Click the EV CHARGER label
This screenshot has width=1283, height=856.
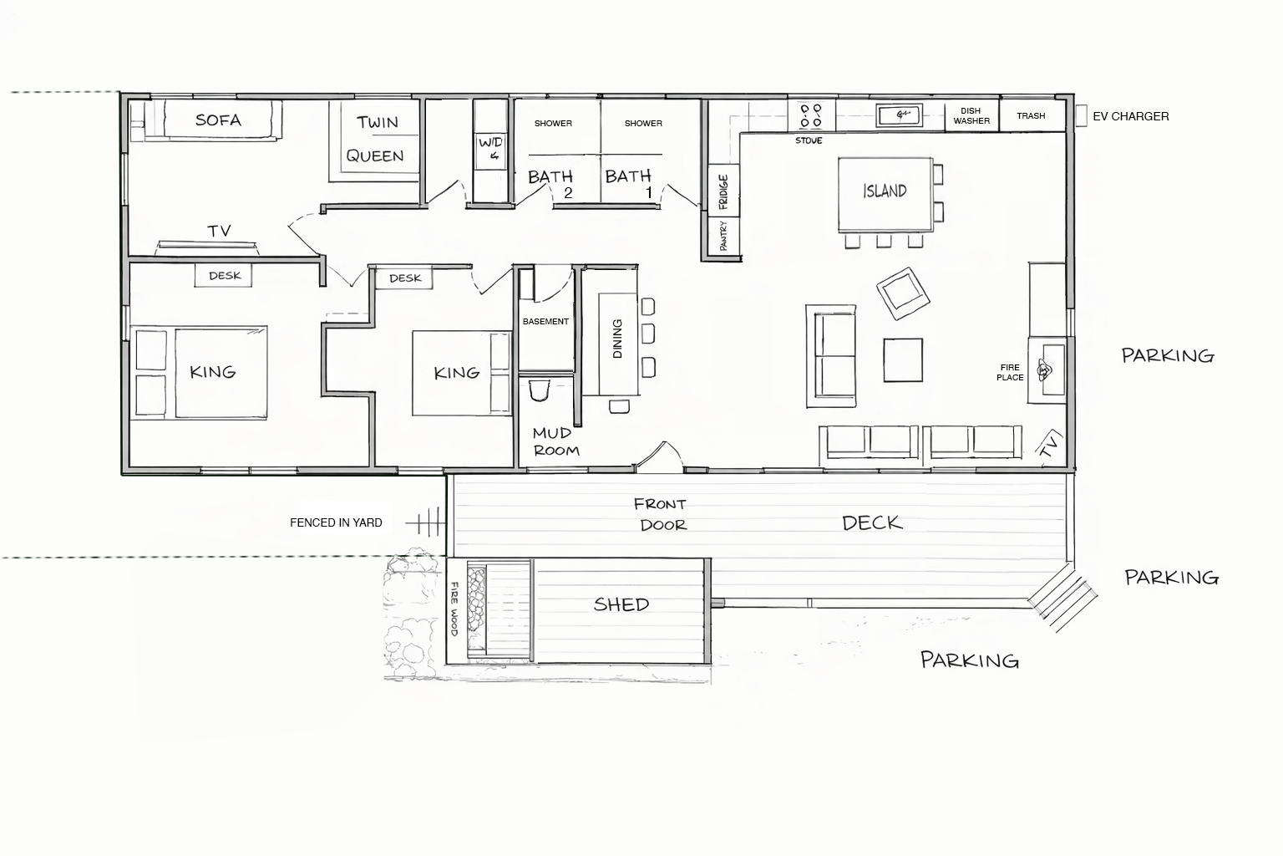tap(1130, 116)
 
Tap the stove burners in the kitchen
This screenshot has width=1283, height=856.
tap(810, 115)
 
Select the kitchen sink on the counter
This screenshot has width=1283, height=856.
tap(899, 114)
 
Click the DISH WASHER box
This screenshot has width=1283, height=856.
tap(971, 115)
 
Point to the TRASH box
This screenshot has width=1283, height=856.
tap(1031, 115)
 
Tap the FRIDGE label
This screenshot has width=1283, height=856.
tap(723, 191)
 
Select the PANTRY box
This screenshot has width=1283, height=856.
tap(723, 235)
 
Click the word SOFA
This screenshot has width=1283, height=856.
tap(218, 120)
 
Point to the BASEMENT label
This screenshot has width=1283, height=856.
tap(545, 321)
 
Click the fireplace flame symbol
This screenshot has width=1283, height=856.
tap(1045, 369)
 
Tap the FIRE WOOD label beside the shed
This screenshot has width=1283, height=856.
tap(455, 609)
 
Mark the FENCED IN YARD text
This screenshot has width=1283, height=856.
tap(336, 522)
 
